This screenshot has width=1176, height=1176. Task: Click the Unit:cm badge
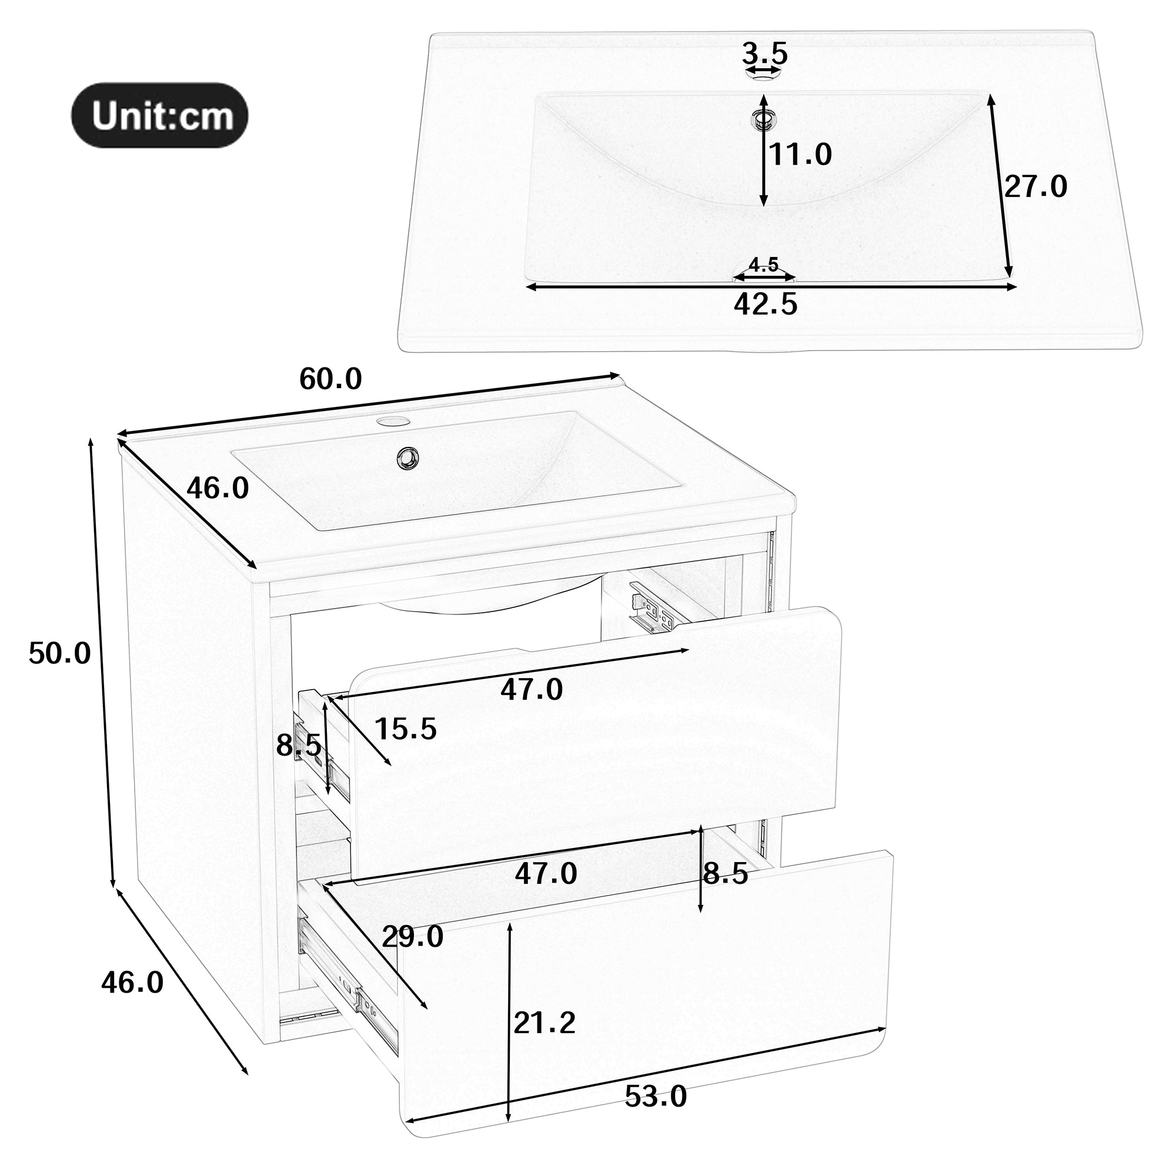point(160,115)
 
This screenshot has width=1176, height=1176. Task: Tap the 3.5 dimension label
point(764,54)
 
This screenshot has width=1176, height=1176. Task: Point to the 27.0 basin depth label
point(1035,186)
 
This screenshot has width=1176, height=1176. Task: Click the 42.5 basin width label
point(765,305)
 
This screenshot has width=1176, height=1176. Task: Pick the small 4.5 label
point(764,265)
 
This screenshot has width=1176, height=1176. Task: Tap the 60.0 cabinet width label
point(330,380)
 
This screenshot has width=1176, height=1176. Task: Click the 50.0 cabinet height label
point(59,654)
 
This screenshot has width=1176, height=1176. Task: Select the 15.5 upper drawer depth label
point(406,729)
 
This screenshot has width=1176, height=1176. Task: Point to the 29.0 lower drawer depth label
point(413,937)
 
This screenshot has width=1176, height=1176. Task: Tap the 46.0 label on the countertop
point(218,488)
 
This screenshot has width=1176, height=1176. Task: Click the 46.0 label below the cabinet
point(132,983)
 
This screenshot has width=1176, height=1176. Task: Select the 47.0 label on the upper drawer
point(532,690)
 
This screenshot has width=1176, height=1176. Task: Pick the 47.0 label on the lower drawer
point(546,874)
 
